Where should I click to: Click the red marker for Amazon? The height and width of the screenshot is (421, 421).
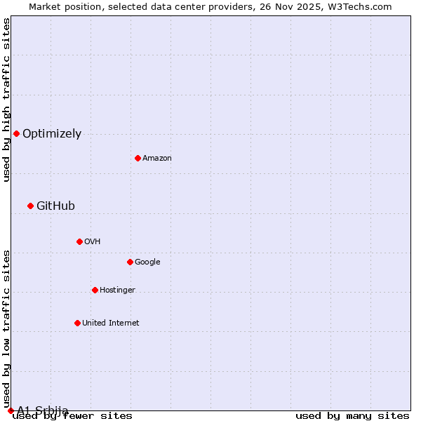138,158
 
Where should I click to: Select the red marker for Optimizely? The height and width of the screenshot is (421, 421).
16,133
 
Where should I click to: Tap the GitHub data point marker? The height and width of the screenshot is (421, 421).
30,206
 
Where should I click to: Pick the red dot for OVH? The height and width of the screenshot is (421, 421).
79,241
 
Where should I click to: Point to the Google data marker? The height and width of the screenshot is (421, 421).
130,262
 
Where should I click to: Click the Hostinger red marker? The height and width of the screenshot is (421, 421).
95,290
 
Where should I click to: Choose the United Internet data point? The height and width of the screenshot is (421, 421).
77,323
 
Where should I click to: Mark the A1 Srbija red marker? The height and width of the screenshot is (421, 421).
11,410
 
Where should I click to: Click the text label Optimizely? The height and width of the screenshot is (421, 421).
52,134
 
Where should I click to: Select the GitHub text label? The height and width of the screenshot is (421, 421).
55,206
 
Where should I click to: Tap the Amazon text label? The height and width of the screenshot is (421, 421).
157,159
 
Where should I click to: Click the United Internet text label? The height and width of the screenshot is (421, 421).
111,323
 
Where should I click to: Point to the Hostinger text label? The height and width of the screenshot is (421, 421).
117,290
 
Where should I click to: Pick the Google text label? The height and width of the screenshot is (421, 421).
147,262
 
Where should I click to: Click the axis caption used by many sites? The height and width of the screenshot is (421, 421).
352,416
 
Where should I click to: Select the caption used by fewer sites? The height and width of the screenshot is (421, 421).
72,416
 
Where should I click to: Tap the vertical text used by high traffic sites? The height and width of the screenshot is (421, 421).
6,100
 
